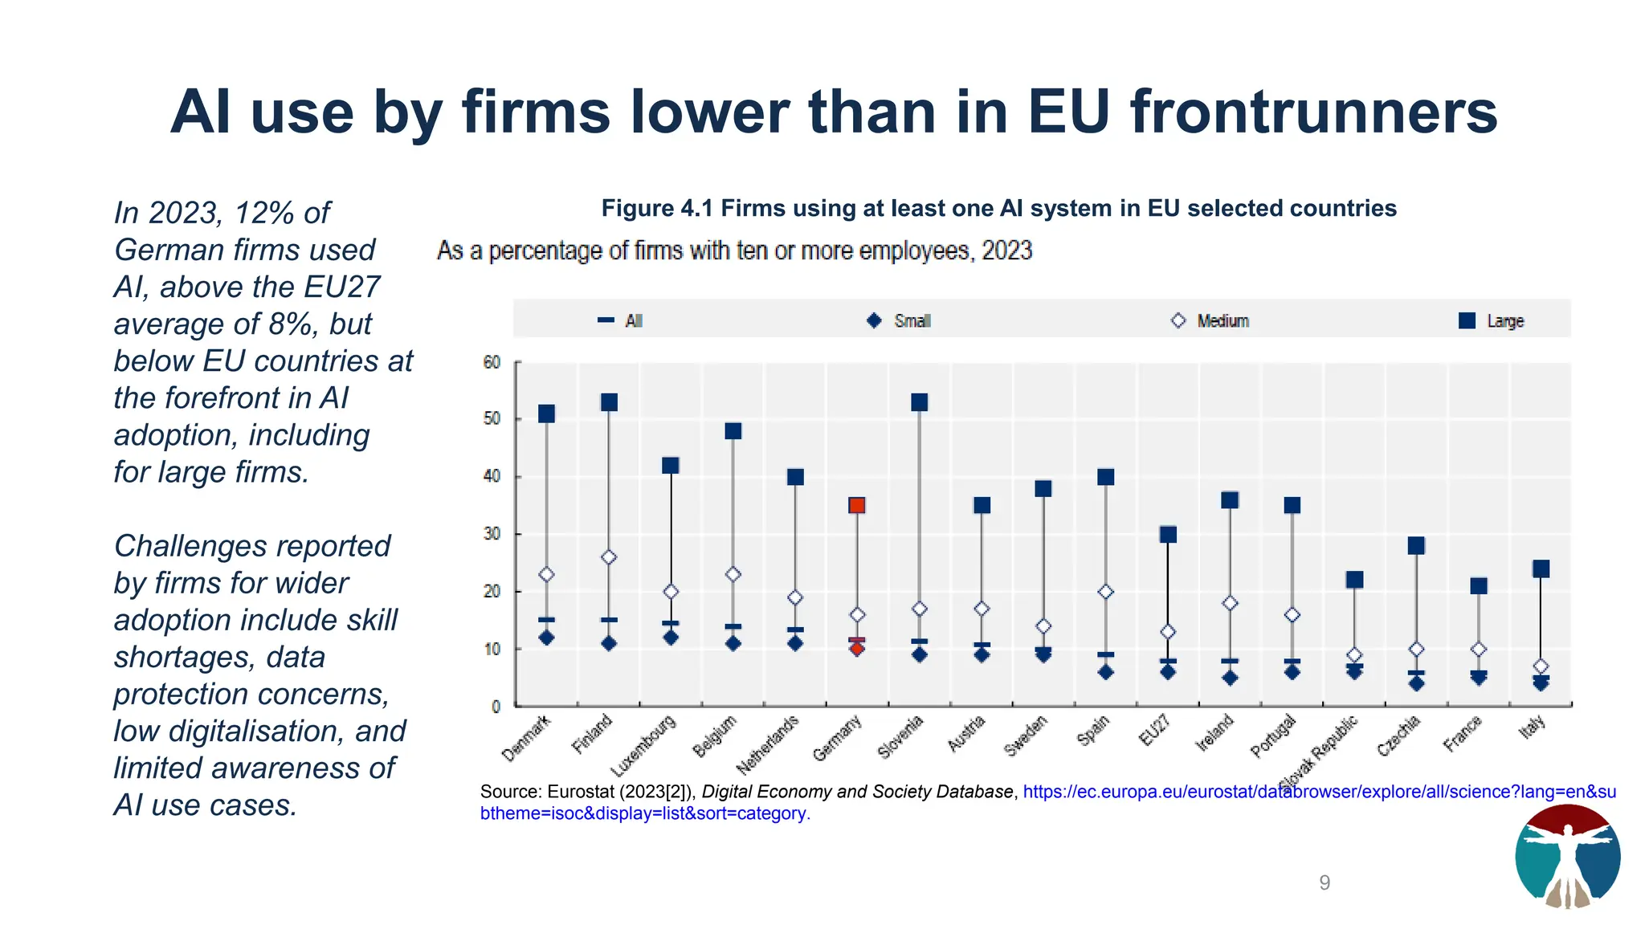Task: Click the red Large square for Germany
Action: (857, 505)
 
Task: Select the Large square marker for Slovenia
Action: (920, 402)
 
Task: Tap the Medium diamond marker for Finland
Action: (609, 557)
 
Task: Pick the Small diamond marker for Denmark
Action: (546, 638)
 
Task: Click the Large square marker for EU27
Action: (1168, 534)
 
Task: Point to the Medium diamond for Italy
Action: (1541, 666)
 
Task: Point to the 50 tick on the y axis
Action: (492, 419)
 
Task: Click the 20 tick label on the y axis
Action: (492, 592)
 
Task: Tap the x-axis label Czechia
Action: (1398, 736)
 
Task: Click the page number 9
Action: (1325, 882)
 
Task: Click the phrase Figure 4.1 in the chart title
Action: (657, 208)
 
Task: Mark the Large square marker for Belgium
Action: (733, 431)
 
